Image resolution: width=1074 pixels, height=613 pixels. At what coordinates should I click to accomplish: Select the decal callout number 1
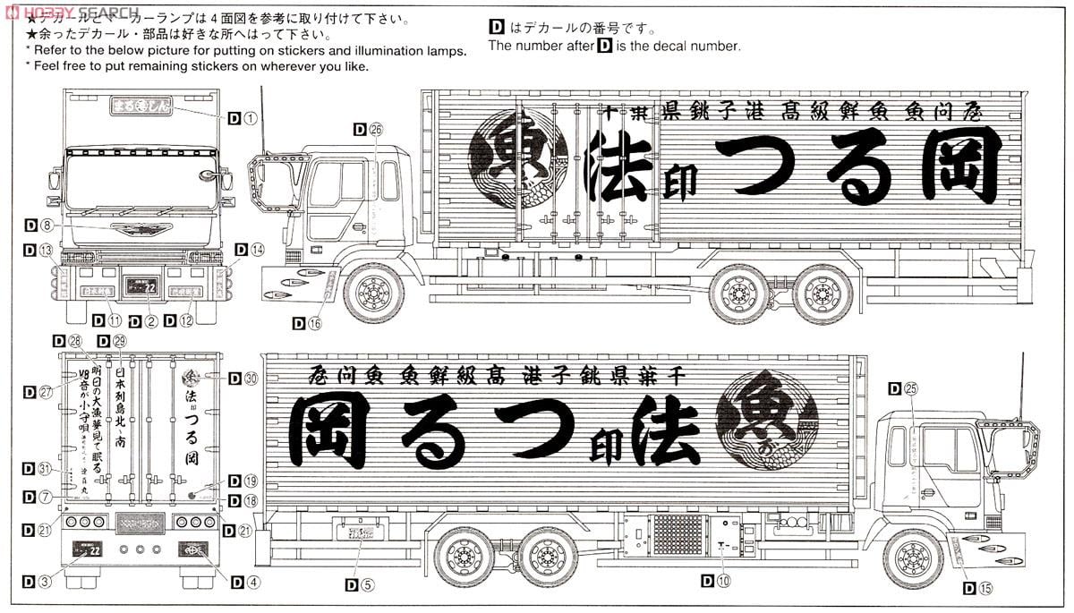[250, 117]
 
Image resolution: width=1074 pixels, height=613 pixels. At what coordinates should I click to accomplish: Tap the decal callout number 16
[313, 324]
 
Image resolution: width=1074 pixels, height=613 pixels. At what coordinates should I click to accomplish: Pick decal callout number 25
[912, 388]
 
